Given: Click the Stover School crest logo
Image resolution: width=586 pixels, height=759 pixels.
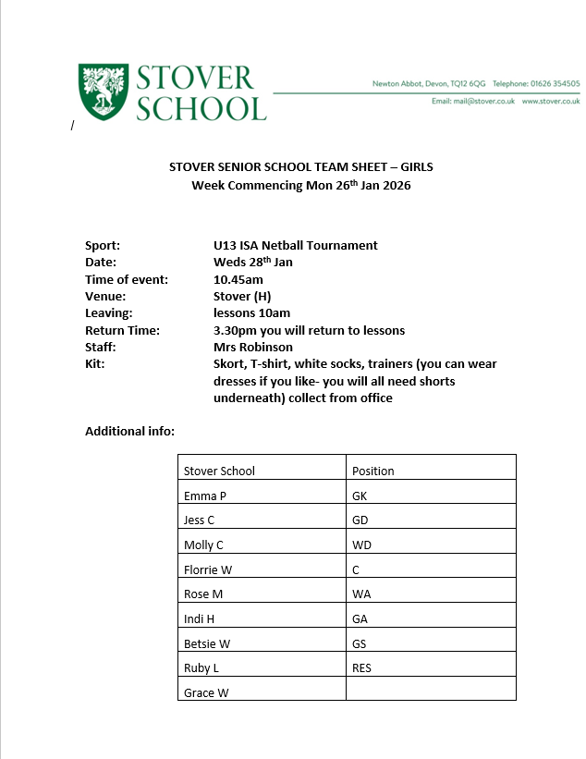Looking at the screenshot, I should click(104, 92).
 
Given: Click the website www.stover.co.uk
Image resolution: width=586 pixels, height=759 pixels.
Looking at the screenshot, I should click(551, 101).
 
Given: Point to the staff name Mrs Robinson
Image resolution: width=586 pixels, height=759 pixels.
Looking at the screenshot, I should click(252, 347).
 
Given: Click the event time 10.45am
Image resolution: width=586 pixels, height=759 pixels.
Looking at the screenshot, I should click(238, 279).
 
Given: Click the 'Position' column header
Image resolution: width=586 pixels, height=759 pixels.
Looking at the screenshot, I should click(373, 471).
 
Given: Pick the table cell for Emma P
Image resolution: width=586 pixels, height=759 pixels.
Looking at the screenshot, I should click(205, 496).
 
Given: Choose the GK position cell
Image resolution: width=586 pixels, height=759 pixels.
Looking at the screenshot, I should click(360, 496).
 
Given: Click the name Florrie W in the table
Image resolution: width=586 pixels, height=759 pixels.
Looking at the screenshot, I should click(208, 569).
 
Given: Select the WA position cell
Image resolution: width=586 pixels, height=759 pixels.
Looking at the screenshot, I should click(361, 594).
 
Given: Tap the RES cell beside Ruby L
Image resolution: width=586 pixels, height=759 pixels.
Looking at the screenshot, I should click(361, 667).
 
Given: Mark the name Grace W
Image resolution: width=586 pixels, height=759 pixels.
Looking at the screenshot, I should click(206, 692).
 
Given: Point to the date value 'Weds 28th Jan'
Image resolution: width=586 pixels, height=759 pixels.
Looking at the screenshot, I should click(252, 263).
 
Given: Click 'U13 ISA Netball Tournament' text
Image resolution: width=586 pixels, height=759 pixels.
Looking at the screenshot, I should click(295, 245).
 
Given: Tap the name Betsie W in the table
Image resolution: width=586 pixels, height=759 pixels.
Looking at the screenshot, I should click(207, 643).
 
